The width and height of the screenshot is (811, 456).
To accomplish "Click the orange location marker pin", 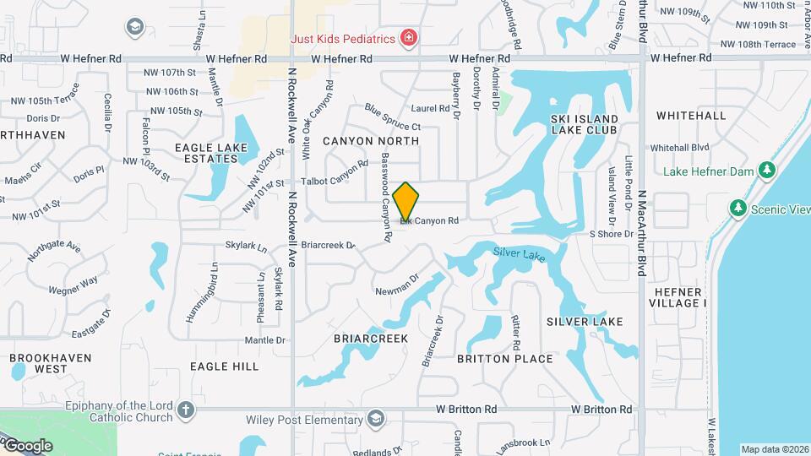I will pyautogui.click(x=406, y=202).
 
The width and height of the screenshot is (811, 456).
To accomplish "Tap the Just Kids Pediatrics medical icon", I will pyautogui.click(x=409, y=38).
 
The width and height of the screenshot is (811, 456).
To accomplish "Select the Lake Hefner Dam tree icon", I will pyautogui.click(x=767, y=171).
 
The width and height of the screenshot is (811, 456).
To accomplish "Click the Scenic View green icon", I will pyautogui.click(x=738, y=208).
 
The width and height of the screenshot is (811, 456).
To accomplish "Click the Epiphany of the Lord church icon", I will pyautogui.click(x=187, y=412).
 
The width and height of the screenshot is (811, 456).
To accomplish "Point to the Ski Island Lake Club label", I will pyautogui.click(x=584, y=124).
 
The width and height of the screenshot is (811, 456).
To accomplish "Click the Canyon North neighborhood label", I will pyautogui.click(x=371, y=141).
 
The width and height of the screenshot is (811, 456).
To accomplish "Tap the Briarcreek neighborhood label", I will pyautogui.click(x=371, y=339).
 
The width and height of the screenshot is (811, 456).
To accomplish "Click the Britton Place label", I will pyautogui.click(x=505, y=359).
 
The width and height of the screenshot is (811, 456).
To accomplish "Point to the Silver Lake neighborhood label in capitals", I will pyautogui.click(x=585, y=322).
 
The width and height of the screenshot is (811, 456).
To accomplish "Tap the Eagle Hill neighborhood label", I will pyautogui.click(x=225, y=366).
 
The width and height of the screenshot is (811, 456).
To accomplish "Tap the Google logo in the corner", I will pyautogui.click(x=27, y=445).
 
